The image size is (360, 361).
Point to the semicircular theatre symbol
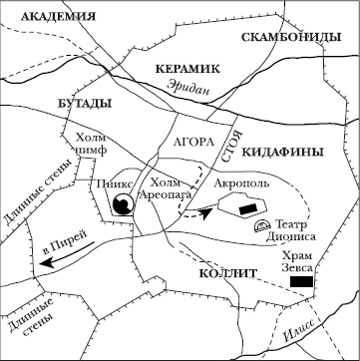pyautogui.click(x=261, y=227)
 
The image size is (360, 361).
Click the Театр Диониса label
pyautogui.click(x=295, y=231)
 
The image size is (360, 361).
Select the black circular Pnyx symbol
pyautogui.click(x=122, y=205)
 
